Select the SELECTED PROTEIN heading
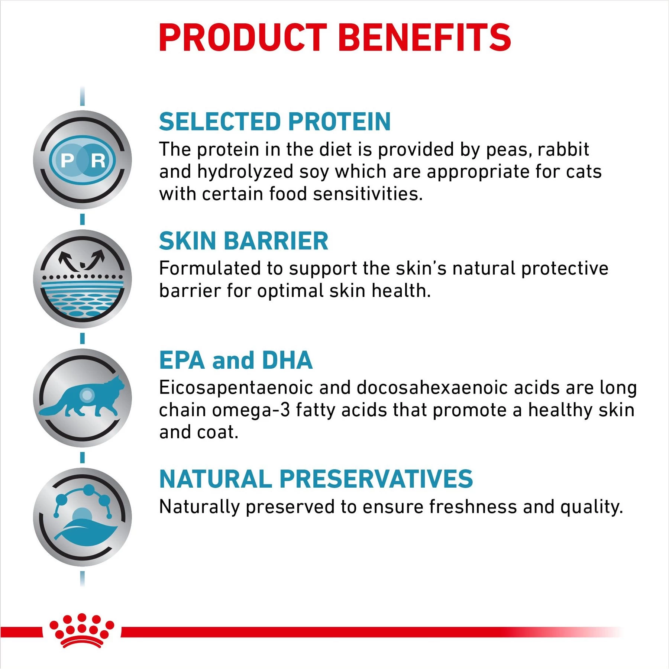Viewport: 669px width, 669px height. coord(275,122)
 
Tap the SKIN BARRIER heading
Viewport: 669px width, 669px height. coord(243,241)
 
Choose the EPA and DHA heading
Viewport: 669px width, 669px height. coord(236,360)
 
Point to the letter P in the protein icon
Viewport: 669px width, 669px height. coord(68,161)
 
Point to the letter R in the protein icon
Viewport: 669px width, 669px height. coord(98,161)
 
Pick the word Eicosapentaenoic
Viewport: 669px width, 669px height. coord(236,388)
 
